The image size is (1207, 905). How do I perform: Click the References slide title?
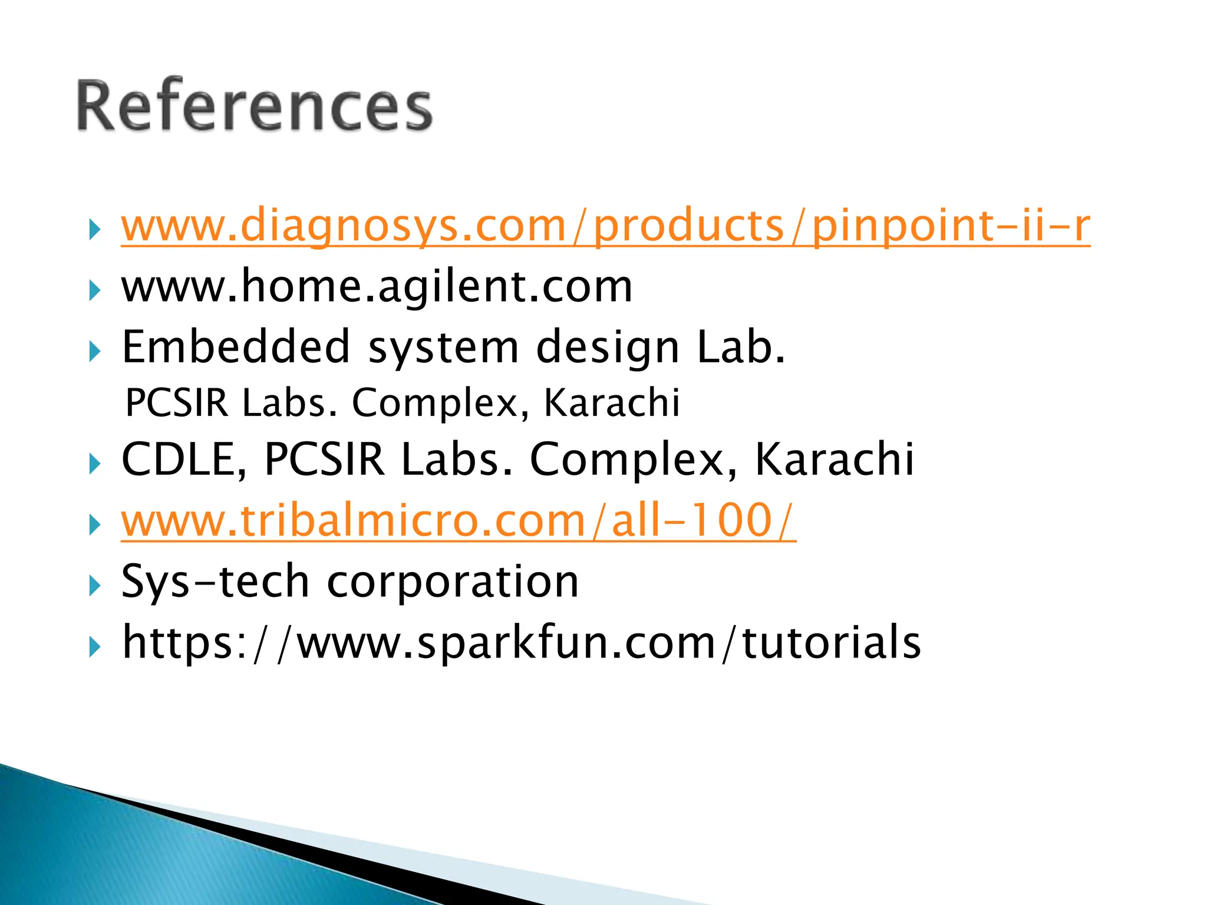point(255,106)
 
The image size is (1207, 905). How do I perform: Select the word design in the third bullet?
point(608,348)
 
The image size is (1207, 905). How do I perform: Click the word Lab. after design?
point(741,347)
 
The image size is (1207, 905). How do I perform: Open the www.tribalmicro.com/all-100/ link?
point(458,521)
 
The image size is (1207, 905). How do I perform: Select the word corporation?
point(453,582)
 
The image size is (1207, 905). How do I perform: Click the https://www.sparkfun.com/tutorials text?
point(521,643)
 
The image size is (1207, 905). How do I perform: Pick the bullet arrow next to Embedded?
point(94,352)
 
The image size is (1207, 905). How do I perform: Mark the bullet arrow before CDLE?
point(94,464)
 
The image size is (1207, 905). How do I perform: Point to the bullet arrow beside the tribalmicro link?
point(94,525)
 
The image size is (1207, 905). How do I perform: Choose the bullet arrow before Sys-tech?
point(94,586)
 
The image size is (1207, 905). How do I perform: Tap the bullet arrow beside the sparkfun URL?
point(94,648)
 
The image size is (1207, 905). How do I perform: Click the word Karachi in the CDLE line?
point(834,460)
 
